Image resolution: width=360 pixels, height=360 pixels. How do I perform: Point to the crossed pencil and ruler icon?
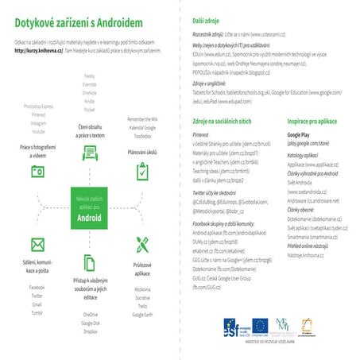(x=142, y=242)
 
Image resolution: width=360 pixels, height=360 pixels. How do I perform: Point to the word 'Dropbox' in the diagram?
(x=90, y=331)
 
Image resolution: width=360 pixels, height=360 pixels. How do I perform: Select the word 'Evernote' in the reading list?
(x=90, y=83)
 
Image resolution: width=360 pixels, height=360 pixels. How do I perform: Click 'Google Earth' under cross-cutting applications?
(x=143, y=315)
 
